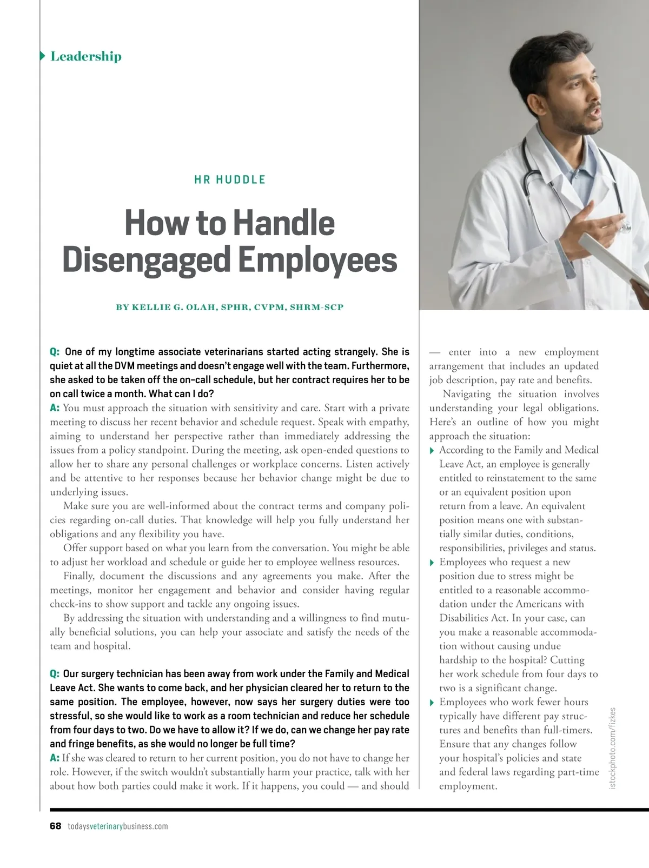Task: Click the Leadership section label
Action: [85, 56]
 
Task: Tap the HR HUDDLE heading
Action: [230, 180]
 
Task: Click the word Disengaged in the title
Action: [147, 260]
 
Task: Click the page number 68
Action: [55, 826]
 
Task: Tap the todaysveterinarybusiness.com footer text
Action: [118, 826]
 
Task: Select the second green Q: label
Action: [55, 674]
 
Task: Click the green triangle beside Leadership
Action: [43, 56]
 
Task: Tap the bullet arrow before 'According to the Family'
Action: [432, 451]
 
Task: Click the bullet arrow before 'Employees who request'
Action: [432, 563]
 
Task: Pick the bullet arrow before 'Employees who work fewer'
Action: [432, 703]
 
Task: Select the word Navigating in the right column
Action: [466, 395]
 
